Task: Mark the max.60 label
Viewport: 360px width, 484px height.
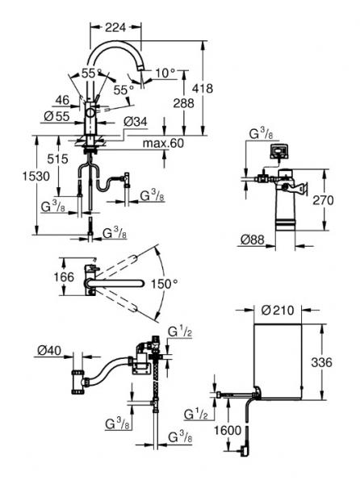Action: coord(163,144)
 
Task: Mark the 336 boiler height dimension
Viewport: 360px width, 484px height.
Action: coord(324,363)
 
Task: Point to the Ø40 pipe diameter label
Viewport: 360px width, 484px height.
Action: coord(49,349)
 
